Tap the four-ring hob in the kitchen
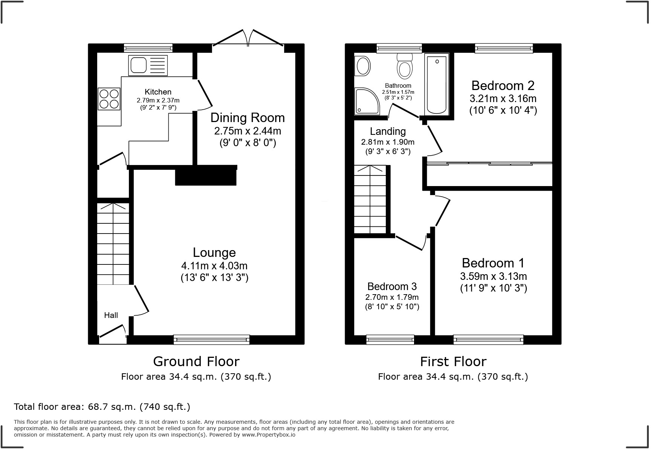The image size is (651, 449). [x=109, y=99]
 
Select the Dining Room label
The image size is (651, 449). [x=247, y=118]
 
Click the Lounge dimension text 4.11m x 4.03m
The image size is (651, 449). [x=214, y=266]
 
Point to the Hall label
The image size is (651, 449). [x=111, y=315]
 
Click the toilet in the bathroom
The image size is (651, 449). [x=405, y=67]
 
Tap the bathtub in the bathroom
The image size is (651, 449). [x=437, y=84]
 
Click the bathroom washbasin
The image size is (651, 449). [x=363, y=66]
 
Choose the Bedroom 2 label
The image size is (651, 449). [x=503, y=86]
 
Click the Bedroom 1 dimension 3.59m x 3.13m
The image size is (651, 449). [x=493, y=276]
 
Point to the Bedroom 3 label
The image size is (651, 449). [x=392, y=287]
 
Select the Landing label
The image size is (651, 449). [x=388, y=131]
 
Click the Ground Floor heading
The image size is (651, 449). [x=196, y=362]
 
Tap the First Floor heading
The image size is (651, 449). [x=453, y=362]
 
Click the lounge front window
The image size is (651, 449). [x=211, y=340]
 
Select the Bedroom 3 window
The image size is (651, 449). [x=390, y=340]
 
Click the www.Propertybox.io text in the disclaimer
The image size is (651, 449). [x=269, y=435]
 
